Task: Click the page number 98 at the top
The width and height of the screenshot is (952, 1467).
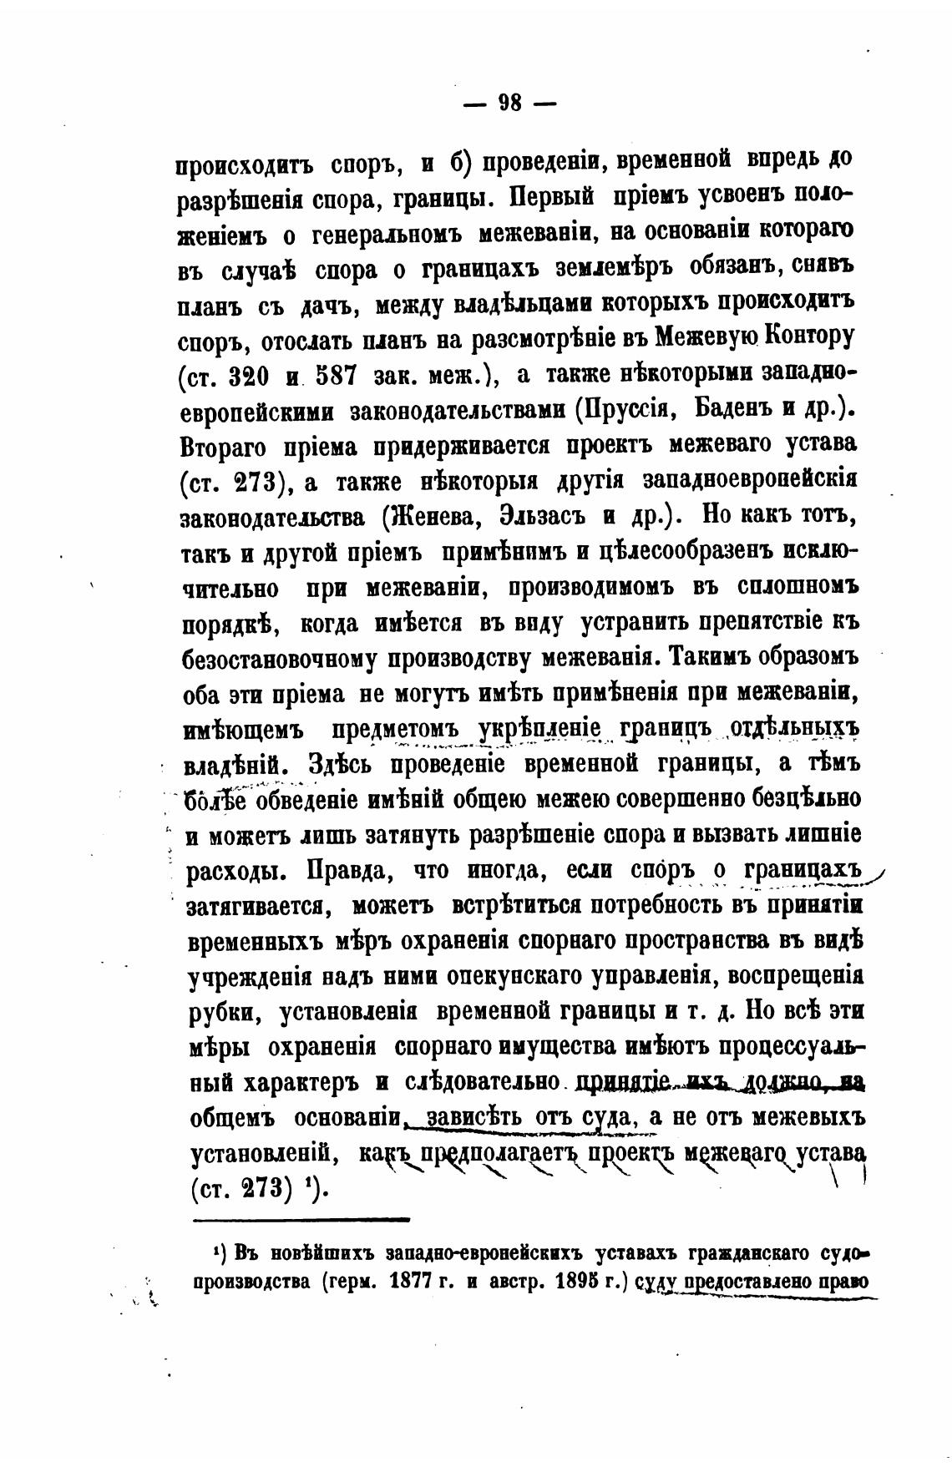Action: pyautogui.click(x=509, y=104)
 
